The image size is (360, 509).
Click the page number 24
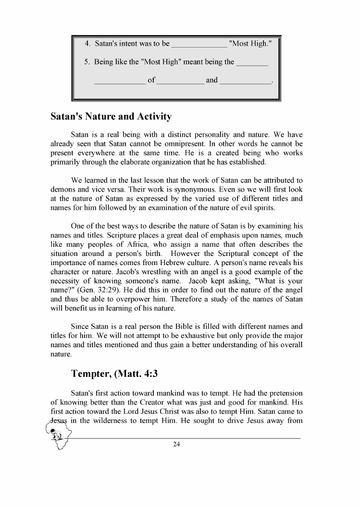pos(176,444)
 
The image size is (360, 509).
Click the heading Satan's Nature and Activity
pos(111,117)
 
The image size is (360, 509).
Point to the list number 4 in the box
pos(87,44)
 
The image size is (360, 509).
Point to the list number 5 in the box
pos(87,62)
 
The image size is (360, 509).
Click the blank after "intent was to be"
pos(199,45)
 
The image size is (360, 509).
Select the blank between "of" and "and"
pos(180,81)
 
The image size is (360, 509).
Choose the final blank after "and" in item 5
pos(245,81)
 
